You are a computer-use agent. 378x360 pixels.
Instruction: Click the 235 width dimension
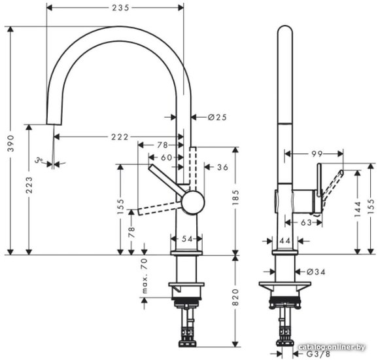(x=120, y=8)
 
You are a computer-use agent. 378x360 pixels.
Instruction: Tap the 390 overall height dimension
(x=10, y=143)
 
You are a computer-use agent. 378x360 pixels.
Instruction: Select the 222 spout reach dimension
(x=120, y=137)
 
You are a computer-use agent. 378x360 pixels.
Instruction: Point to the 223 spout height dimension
(x=29, y=185)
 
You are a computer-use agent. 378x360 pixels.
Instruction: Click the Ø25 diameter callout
(x=217, y=117)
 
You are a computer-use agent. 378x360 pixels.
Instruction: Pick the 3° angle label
(x=39, y=160)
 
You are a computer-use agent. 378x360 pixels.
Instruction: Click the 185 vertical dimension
(x=235, y=198)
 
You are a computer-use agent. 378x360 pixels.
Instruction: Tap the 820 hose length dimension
(x=235, y=297)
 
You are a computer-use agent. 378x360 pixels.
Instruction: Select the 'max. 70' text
(x=144, y=276)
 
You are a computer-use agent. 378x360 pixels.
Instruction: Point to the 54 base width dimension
(x=187, y=239)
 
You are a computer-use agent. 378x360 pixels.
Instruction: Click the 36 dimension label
(x=222, y=167)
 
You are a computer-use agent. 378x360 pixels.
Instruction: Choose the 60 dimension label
(x=167, y=158)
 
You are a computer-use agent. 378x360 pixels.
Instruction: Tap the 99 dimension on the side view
(x=317, y=154)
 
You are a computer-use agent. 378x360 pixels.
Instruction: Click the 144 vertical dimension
(x=358, y=209)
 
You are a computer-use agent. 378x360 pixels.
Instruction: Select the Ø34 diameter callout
(x=316, y=272)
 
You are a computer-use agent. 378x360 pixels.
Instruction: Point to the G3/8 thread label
(x=318, y=354)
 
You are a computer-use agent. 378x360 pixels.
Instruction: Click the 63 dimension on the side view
(x=307, y=223)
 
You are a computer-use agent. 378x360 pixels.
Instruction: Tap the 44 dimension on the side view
(x=285, y=241)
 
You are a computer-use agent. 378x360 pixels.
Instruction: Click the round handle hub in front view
(x=193, y=202)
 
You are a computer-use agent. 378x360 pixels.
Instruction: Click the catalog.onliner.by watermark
(x=332, y=347)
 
